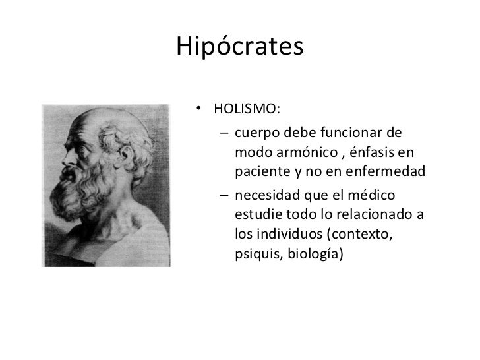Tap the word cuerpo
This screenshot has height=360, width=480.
[254, 132]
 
